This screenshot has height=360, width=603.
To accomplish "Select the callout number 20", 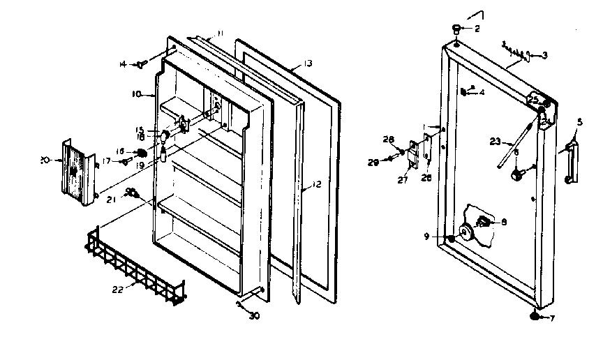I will click(x=44, y=160).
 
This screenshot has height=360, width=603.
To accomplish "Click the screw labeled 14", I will click(x=140, y=64).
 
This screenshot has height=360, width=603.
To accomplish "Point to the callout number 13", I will click(x=307, y=63).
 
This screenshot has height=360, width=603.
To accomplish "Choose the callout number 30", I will click(x=254, y=315).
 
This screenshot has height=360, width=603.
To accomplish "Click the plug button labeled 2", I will click(x=456, y=29).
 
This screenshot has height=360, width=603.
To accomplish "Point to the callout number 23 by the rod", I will click(x=496, y=141).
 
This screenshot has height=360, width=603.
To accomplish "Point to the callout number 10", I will click(x=137, y=93).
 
